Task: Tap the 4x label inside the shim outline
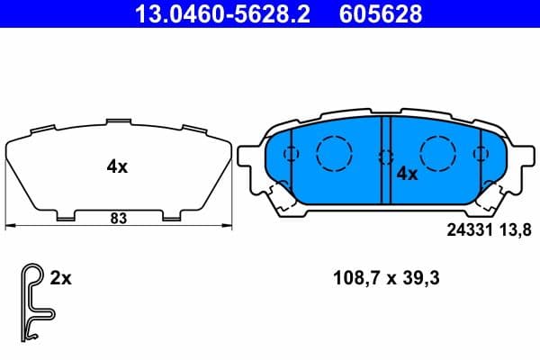pos(117,166)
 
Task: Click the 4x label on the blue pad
pos(408,174)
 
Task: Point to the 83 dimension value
pos(117,217)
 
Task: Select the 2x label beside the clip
pos(60,279)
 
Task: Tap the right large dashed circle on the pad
pos(438,150)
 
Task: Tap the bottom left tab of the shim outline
pos(66,216)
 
